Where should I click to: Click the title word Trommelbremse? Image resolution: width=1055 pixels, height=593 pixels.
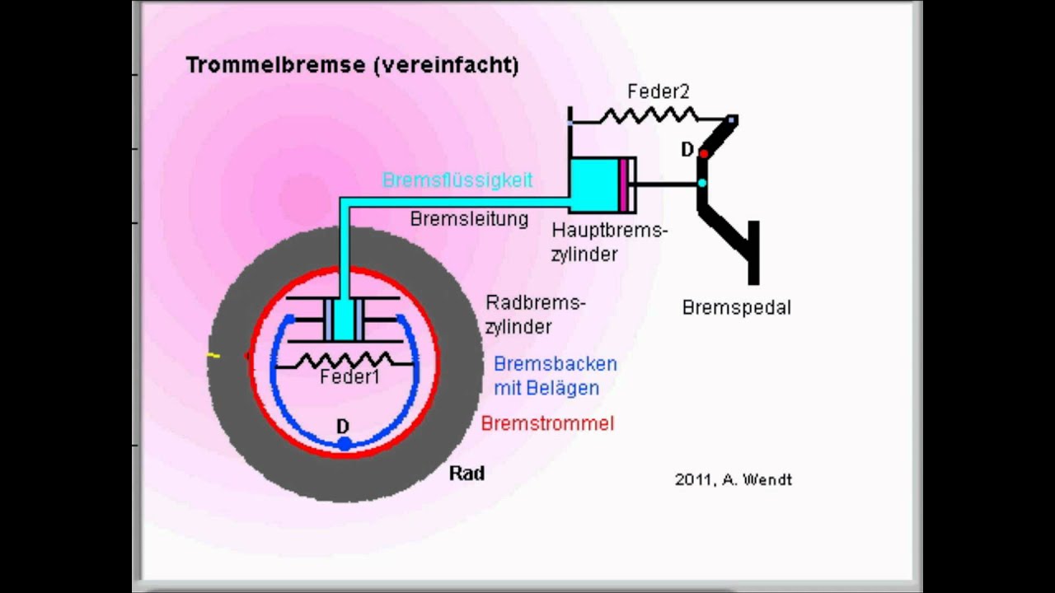(276, 65)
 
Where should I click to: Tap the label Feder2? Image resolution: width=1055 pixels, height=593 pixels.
(659, 91)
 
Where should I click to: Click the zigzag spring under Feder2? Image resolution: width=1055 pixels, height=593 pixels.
(648, 115)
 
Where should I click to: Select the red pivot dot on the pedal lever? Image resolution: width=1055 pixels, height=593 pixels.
(704, 153)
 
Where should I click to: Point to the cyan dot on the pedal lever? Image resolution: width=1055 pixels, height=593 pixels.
(701, 183)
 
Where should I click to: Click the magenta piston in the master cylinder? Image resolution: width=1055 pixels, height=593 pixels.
(624, 185)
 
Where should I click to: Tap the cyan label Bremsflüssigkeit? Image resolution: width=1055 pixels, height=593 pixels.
(457, 180)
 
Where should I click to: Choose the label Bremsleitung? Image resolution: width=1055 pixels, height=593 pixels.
(469, 219)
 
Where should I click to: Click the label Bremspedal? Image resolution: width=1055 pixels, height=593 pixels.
(737, 308)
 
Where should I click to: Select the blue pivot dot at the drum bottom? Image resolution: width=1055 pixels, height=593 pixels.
(345, 443)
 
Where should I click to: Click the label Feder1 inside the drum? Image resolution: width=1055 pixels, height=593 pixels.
(349, 377)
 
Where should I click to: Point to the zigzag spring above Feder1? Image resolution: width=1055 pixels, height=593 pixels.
(345, 361)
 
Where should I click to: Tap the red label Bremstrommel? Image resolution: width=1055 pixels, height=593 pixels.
(548, 423)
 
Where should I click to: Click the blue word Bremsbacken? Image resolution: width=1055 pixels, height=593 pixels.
(556, 364)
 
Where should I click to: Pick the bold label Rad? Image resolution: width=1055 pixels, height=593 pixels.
(467, 474)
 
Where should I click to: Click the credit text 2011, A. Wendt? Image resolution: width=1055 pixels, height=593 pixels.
(734, 480)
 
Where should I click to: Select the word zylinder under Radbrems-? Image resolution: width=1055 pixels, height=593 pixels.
(518, 327)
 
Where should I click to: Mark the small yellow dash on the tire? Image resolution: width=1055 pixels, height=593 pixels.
(213, 356)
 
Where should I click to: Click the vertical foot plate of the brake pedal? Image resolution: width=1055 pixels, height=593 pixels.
(753, 253)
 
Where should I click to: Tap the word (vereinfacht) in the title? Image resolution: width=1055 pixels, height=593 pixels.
(446, 65)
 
